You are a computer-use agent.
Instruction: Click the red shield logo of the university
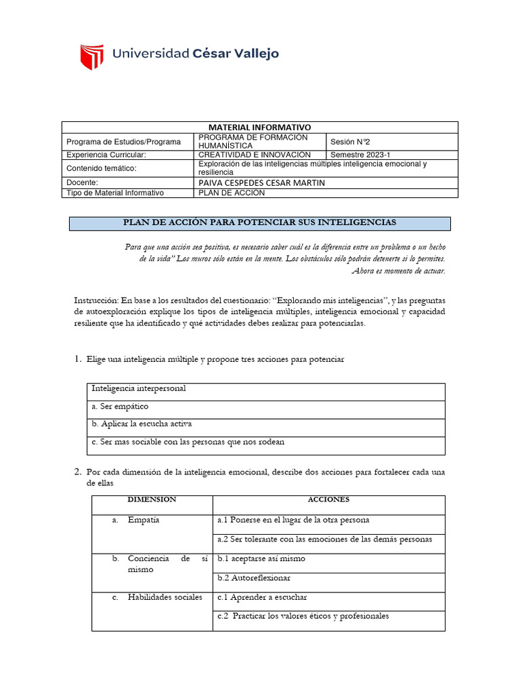(x=92, y=57)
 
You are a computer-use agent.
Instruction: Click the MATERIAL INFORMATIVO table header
(x=259, y=127)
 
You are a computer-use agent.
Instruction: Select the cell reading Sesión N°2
(x=350, y=142)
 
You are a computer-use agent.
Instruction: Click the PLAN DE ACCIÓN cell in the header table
(x=232, y=193)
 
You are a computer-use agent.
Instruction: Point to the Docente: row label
(x=82, y=183)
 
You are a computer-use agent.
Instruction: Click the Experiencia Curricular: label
(x=106, y=155)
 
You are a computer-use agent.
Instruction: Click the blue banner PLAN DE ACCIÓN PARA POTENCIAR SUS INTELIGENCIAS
(x=259, y=223)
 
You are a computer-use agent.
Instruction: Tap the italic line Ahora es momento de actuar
(x=399, y=271)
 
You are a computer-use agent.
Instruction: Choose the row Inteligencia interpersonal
(x=139, y=389)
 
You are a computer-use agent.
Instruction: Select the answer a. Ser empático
(x=120, y=407)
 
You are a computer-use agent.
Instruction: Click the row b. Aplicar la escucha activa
(x=142, y=424)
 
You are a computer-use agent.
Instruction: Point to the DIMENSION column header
(x=152, y=499)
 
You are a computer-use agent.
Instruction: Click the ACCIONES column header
(x=328, y=499)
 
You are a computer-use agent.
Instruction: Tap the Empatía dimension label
(x=144, y=520)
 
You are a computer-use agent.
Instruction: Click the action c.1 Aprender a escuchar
(x=262, y=598)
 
